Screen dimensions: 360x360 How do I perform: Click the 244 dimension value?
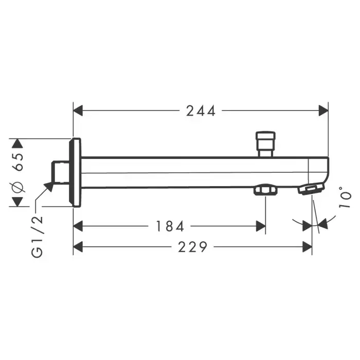pos(201,111)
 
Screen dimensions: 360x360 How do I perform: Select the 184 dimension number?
pos(170,226)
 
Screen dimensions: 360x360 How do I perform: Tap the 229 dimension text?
pos(193,247)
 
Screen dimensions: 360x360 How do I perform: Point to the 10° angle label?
pos(345,197)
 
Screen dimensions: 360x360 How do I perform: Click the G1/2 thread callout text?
pos(37,237)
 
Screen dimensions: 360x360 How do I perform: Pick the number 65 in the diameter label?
pos(19,162)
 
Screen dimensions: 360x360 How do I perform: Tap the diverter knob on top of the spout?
pos(266,144)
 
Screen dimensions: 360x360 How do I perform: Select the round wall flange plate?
pos(75,173)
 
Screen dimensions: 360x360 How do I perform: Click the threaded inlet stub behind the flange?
pos(60,172)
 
